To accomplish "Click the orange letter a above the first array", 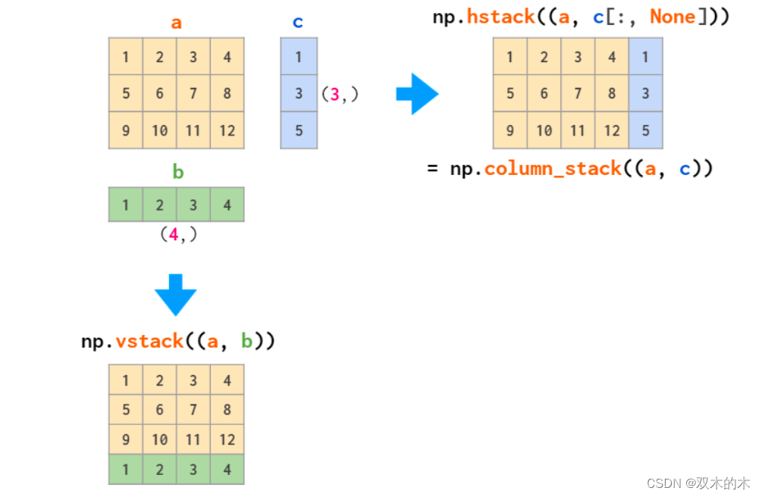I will point(176,23).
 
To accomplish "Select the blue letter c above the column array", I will point(298,23).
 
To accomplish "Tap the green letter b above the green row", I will point(177,172).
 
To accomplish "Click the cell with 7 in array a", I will point(193,94).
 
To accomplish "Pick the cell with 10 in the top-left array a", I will point(159,130).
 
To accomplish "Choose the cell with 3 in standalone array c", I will point(299,93).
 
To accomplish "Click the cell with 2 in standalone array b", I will point(159,205).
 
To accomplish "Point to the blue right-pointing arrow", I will point(417,94).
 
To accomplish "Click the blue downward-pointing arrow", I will point(175,294).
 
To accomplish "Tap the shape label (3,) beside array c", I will point(339,95).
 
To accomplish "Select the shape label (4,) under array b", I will point(177,235).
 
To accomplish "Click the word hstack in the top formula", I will point(500,17).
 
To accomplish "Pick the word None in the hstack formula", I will point(673,17).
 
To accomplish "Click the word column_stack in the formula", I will point(553,168).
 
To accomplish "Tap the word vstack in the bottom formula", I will point(149,342).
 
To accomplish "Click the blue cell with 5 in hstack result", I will point(646,130).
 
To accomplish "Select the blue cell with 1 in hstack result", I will point(646,57).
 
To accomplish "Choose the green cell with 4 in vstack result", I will point(227,470).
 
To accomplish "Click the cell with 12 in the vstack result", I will point(227,439).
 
